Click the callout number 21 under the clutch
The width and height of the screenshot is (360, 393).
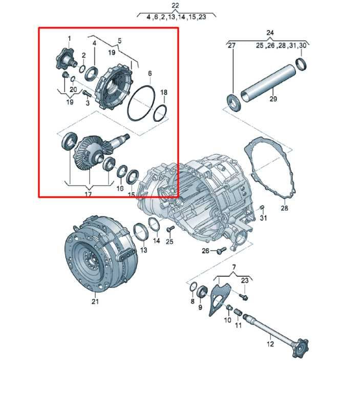tap(95, 301)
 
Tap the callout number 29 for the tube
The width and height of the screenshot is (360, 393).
tap(273, 99)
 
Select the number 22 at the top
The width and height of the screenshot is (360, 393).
tap(175, 6)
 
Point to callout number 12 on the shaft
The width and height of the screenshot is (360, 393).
tap(270, 344)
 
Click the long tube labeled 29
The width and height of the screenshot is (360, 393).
tap(268, 83)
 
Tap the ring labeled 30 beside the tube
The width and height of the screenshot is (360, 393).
tap(301, 64)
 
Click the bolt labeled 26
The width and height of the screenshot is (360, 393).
tap(221, 250)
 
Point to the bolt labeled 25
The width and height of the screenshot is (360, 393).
tap(171, 228)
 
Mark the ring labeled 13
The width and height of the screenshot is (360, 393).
tap(139, 231)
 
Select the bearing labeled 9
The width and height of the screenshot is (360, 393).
tap(202, 292)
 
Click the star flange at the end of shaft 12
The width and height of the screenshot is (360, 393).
tap(300, 348)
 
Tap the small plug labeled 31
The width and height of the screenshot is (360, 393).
tap(262, 207)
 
